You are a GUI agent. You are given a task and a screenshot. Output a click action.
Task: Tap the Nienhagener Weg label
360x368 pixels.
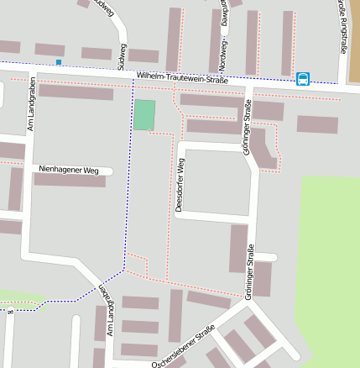[69, 170]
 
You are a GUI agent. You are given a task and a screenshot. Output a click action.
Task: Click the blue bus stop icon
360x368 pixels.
[302, 79]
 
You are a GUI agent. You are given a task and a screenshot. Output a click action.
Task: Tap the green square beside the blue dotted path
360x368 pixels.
[144, 115]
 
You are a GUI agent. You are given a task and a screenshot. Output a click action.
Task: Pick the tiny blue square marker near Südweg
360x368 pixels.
[58, 62]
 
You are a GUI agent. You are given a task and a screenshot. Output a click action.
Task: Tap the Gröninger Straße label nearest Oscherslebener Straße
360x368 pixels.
[249, 269]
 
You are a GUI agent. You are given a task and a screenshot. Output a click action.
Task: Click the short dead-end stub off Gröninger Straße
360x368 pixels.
[267, 256]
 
